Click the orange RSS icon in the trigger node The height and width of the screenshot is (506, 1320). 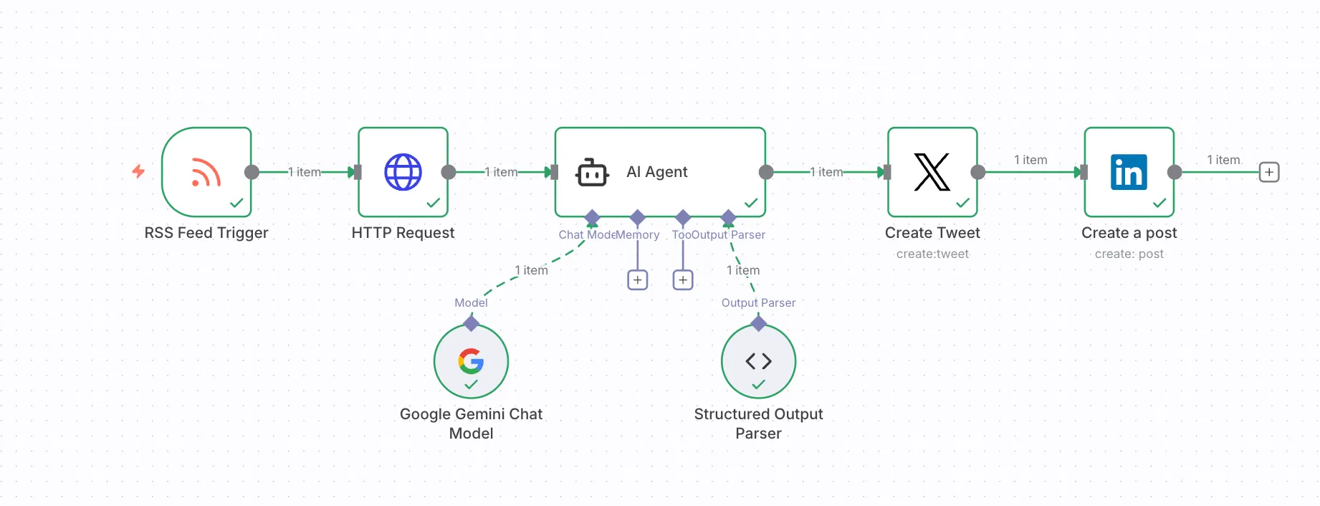[x=206, y=173]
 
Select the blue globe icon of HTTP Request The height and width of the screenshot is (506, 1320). [x=403, y=172]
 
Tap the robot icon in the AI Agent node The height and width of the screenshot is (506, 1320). [x=592, y=173]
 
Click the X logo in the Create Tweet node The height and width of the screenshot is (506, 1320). [x=932, y=172]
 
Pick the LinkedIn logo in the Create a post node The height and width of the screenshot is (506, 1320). [x=1129, y=172]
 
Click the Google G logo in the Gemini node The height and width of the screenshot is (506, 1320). [x=471, y=361]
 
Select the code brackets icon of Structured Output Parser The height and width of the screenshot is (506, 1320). [x=758, y=361]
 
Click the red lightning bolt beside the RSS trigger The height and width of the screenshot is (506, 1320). [x=138, y=171]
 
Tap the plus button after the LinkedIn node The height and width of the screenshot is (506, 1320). [x=1268, y=172]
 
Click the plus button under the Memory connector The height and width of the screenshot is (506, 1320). [x=637, y=280]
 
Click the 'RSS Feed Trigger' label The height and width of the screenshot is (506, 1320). [x=206, y=233]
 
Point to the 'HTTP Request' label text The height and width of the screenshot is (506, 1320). [x=403, y=233]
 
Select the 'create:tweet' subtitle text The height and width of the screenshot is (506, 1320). [x=932, y=254]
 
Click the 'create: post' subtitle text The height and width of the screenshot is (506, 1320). [x=1129, y=254]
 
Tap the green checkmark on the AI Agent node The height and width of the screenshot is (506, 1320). [x=750, y=204]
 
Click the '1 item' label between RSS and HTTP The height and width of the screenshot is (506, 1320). [x=305, y=172]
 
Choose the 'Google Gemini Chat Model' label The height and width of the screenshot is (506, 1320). [x=471, y=423]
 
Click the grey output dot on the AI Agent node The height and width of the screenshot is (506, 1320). [x=766, y=172]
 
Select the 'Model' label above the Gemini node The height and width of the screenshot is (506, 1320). [x=471, y=302]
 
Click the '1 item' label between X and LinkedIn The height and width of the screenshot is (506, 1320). [x=1030, y=160]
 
